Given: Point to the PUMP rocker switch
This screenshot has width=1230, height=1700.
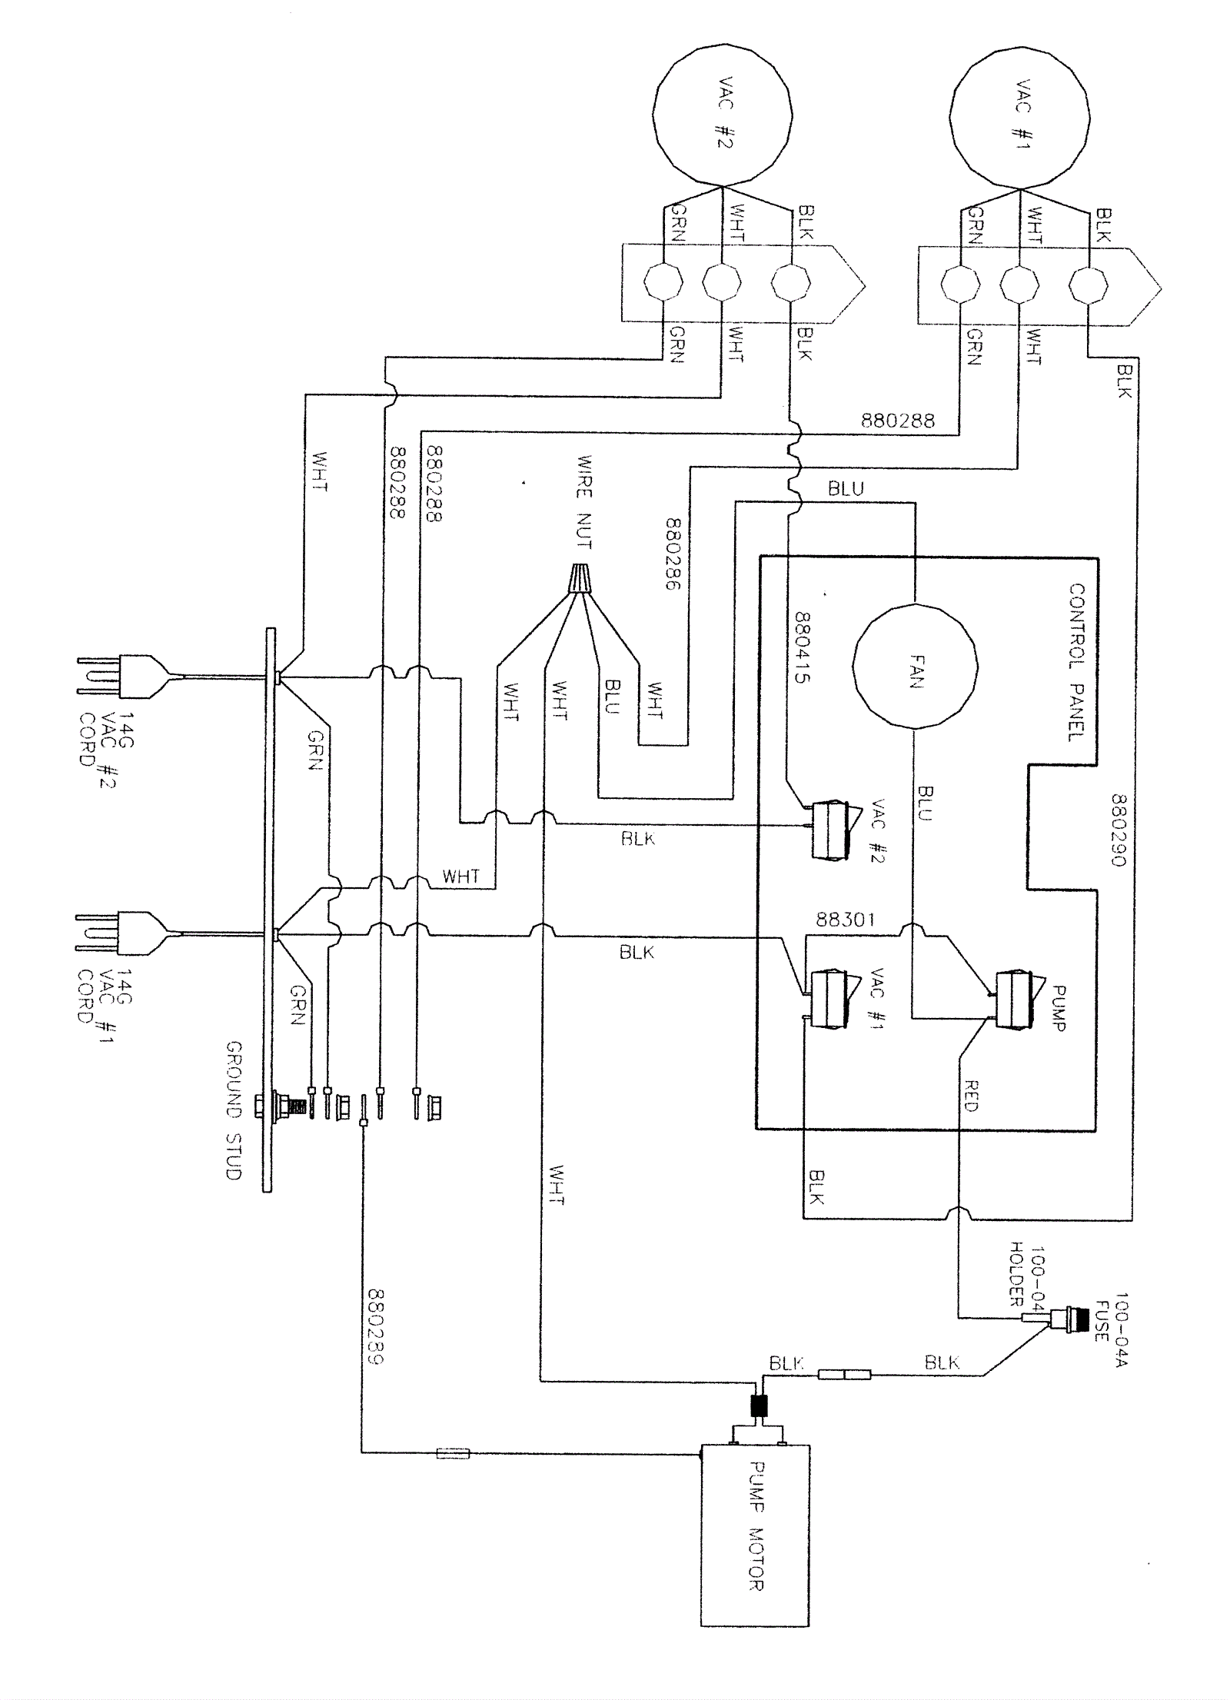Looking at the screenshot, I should (x=1017, y=1000).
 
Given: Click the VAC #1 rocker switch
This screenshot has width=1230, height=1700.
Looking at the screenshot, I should (x=828, y=999).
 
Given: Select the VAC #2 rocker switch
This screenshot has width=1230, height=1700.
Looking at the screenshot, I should (x=828, y=828).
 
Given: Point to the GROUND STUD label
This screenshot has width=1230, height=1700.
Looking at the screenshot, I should (x=234, y=1111).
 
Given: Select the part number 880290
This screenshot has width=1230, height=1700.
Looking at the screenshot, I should (x=1119, y=830).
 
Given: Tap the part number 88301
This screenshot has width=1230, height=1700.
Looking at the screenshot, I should (x=845, y=920).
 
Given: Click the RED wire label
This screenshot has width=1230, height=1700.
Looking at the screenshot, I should (x=970, y=1095).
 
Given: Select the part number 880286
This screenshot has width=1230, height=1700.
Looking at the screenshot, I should (x=674, y=554).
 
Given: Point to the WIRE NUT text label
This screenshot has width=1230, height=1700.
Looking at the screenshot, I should (x=584, y=501).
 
